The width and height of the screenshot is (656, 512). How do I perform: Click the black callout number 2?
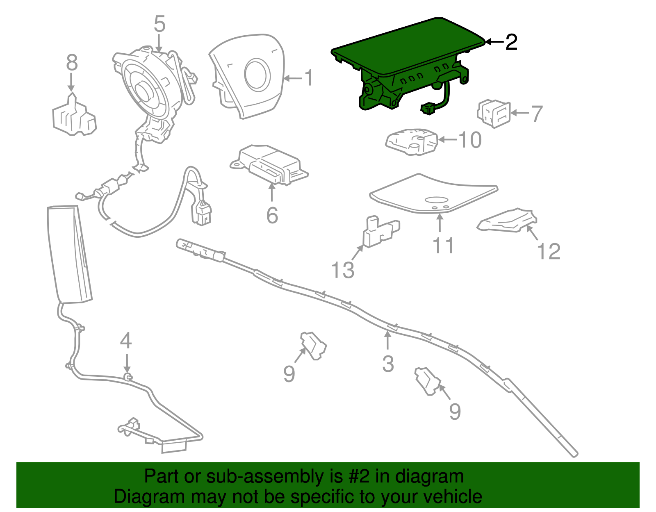point(511,42)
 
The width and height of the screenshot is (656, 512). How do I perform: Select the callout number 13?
point(342,270)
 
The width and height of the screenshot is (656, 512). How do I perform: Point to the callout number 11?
point(443,246)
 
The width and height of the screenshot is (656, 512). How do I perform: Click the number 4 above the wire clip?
point(126,341)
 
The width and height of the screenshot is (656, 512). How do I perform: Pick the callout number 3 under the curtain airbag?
point(388,364)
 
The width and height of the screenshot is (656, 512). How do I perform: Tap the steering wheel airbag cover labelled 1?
point(246,78)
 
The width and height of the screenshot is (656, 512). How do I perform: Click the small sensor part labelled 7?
point(494,113)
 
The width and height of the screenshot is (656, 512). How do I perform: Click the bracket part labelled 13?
point(379,232)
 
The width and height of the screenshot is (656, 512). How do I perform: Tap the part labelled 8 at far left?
point(74,117)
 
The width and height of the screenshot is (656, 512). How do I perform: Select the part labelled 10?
point(411,142)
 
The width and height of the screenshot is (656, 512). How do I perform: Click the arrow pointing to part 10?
point(447,140)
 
